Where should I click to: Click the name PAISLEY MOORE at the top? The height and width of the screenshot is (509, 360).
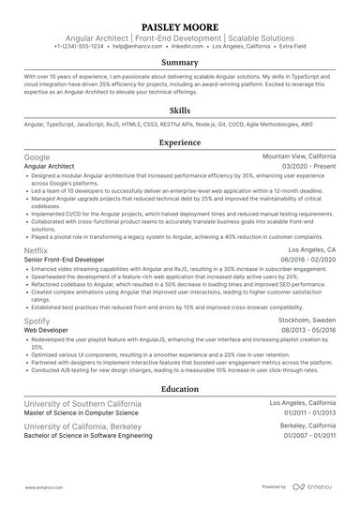[x=179, y=26]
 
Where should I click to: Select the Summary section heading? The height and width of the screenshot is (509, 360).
[x=179, y=63]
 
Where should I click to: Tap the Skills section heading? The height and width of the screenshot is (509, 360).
[x=179, y=111]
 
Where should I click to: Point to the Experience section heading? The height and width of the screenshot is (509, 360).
[x=179, y=142]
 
